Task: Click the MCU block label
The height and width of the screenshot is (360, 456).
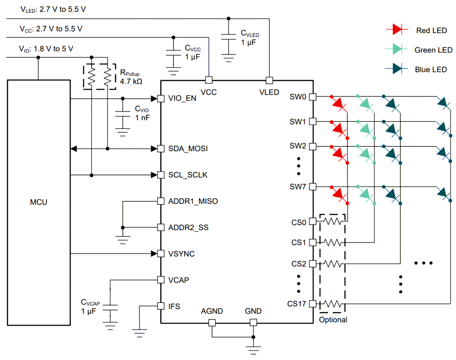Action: tap(39, 202)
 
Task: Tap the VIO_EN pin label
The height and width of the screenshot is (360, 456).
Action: tap(182, 99)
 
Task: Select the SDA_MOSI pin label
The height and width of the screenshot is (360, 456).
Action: tap(188, 148)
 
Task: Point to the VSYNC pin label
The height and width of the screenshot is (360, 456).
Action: tap(182, 253)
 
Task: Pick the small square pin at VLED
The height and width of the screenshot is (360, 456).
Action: tap(269, 80)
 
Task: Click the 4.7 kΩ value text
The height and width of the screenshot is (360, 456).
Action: tap(131, 82)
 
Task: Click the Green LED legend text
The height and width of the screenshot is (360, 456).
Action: tap(433, 50)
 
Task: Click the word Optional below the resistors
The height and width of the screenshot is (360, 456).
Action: tap(332, 320)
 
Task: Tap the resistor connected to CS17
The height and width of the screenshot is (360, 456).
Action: tap(332, 304)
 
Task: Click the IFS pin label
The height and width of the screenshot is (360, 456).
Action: tap(175, 306)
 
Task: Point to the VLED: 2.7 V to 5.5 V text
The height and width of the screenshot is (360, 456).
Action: tap(53, 9)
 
